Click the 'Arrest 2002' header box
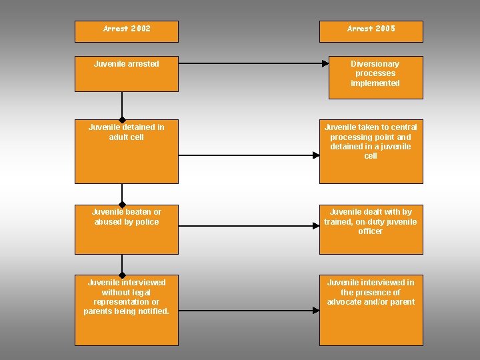[127, 31]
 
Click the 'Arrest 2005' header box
[371, 31]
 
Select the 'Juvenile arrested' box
[127, 73]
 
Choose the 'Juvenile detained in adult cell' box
[127, 152]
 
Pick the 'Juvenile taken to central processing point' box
[371, 152]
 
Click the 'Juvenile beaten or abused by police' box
[127, 229]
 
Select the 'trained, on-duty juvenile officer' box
[371, 229]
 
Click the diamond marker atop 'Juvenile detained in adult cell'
[122, 119]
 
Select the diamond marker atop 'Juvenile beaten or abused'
[122, 205]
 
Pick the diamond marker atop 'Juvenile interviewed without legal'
[122, 275]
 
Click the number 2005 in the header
[385, 29]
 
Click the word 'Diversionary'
[375, 64]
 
